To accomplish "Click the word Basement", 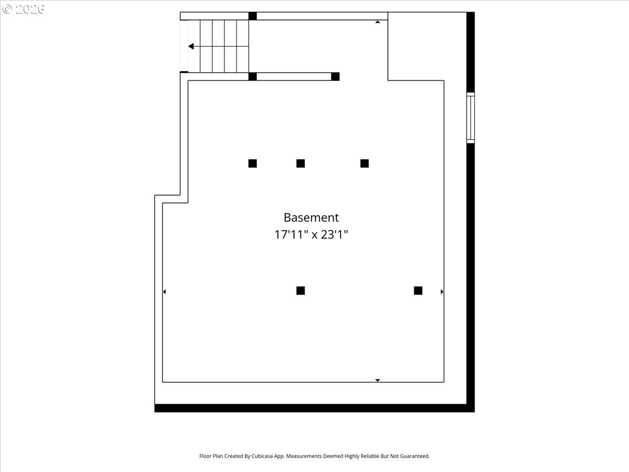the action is click(x=311, y=218).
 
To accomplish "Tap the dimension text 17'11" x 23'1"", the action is click(x=311, y=234).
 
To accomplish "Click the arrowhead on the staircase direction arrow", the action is click(x=191, y=46).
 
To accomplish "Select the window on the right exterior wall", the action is click(x=471, y=118).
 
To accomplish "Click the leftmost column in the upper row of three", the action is click(x=253, y=163).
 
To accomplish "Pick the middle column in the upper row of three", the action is click(x=300, y=163).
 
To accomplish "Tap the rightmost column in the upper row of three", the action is click(x=364, y=163).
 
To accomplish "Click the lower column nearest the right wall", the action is click(x=418, y=291).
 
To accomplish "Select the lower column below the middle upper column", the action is click(x=300, y=291).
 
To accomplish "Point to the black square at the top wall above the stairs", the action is click(x=253, y=16).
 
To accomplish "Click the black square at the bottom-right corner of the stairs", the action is click(x=253, y=77).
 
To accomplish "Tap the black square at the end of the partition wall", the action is click(x=335, y=77).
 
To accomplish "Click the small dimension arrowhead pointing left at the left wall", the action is click(x=164, y=292).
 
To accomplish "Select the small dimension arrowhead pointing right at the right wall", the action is click(x=442, y=292).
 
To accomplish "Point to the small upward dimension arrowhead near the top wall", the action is click(x=378, y=22).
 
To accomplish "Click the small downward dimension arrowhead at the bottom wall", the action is click(x=378, y=380).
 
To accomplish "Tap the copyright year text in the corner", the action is click(x=30, y=9).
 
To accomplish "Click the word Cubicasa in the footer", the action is click(x=262, y=456).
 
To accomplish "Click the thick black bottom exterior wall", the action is click(x=314, y=408).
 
